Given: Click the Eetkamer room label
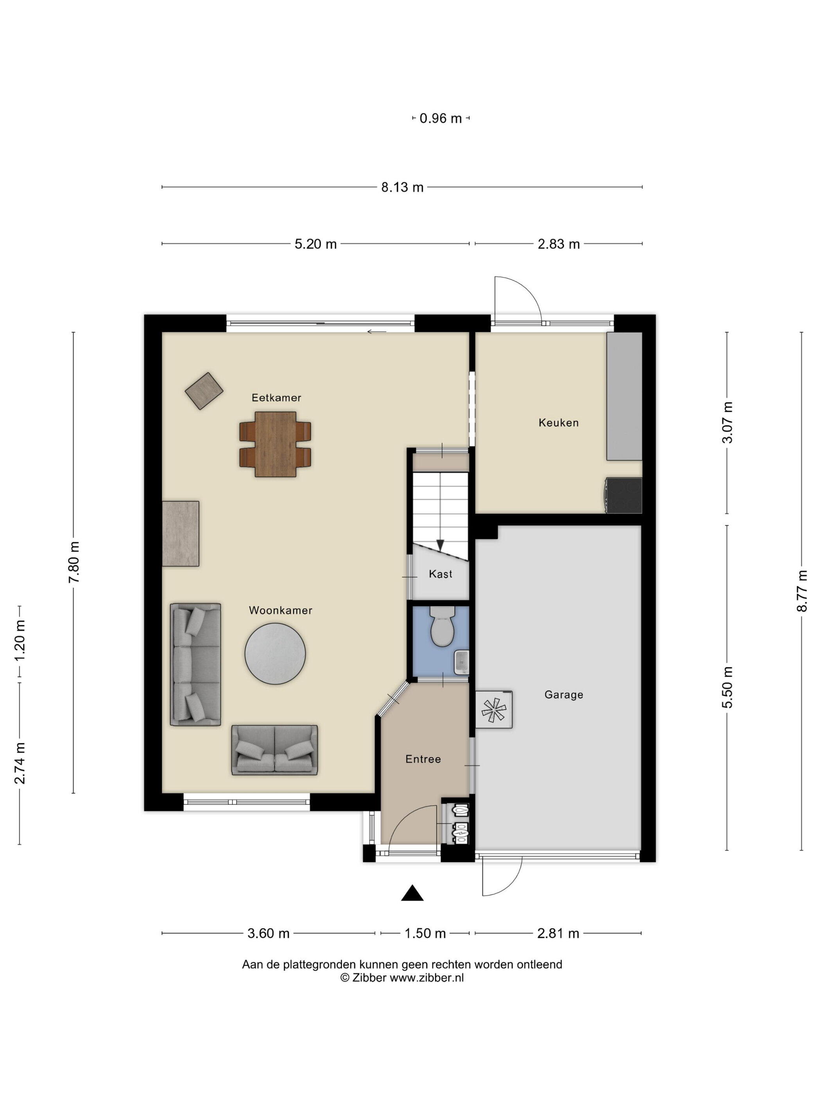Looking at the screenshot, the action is click(276, 397).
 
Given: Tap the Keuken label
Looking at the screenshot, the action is click(559, 423).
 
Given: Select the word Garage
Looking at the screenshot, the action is click(564, 695).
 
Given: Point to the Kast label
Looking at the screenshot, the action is click(441, 574).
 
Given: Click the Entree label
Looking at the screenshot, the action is click(423, 759).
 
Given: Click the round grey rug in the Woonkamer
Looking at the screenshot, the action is click(275, 653).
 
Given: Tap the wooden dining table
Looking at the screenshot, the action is click(276, 444).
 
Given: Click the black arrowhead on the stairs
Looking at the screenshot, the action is click(440, 544).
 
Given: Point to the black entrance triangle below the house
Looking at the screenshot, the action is click(412, 893).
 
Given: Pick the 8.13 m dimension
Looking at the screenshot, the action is click(402, 187).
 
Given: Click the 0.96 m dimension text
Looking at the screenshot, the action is click(441, 118).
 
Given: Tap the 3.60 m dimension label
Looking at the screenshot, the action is click(268, 933).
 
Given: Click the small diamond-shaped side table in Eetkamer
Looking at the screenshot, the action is click(204, 391).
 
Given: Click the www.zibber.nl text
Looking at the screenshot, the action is click(427, 978).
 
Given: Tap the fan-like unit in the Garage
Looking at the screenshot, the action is click(494, 709).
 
